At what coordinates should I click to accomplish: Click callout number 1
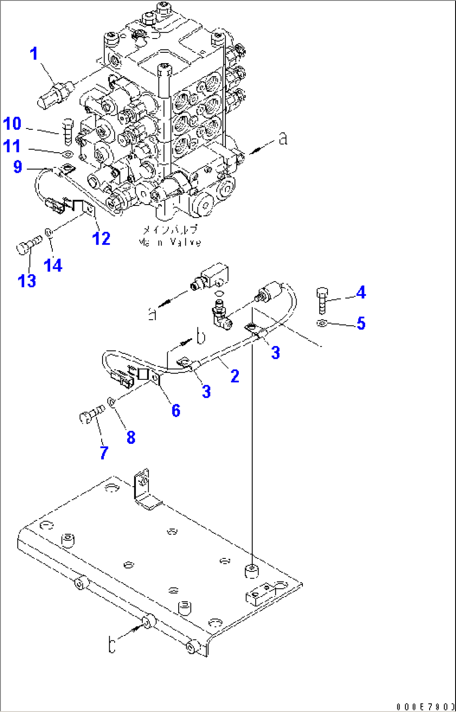[34, 54]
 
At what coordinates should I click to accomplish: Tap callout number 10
[12, 124]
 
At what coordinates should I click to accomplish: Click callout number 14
[53, 265]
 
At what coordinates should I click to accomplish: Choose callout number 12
[101, 238]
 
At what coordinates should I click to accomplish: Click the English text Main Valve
[169, 242]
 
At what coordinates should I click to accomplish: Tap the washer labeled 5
[322, 323]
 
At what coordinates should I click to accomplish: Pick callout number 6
[176, 410]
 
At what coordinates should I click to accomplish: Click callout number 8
[131, 438]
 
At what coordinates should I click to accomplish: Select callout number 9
[17, 167]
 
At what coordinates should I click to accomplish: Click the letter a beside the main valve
[283, 139]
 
